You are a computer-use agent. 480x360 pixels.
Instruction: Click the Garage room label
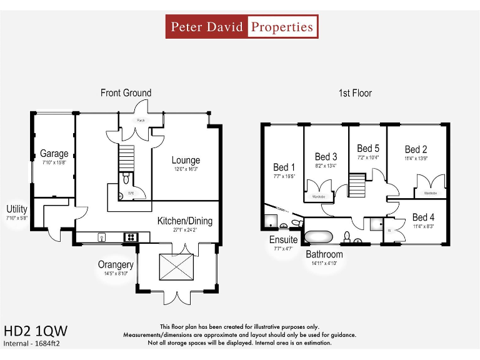pos(54,154)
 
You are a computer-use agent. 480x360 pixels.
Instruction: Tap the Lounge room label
pos(186,160)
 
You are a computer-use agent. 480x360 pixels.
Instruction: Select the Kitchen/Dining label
pos(184,221)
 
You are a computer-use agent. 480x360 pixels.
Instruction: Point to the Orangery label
pos(116,264)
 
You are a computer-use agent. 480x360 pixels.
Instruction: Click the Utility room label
pos(17,209)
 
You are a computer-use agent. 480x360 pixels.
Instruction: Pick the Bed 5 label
pos(367,148)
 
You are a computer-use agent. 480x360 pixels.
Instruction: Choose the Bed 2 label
pos(416,149)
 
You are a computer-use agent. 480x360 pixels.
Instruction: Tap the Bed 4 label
pos(423,217)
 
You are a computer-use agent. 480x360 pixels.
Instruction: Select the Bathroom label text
pos(324,254)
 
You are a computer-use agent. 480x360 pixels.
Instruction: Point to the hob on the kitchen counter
pos(132,236)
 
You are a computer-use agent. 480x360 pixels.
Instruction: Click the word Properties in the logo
pos(281,27)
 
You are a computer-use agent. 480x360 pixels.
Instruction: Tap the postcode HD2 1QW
pos(35,330)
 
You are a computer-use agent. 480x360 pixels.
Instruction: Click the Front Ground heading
pos(126,93)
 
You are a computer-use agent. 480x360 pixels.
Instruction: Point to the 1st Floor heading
pos(355,93)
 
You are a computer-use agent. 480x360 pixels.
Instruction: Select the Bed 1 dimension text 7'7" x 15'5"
pos(284,177)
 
